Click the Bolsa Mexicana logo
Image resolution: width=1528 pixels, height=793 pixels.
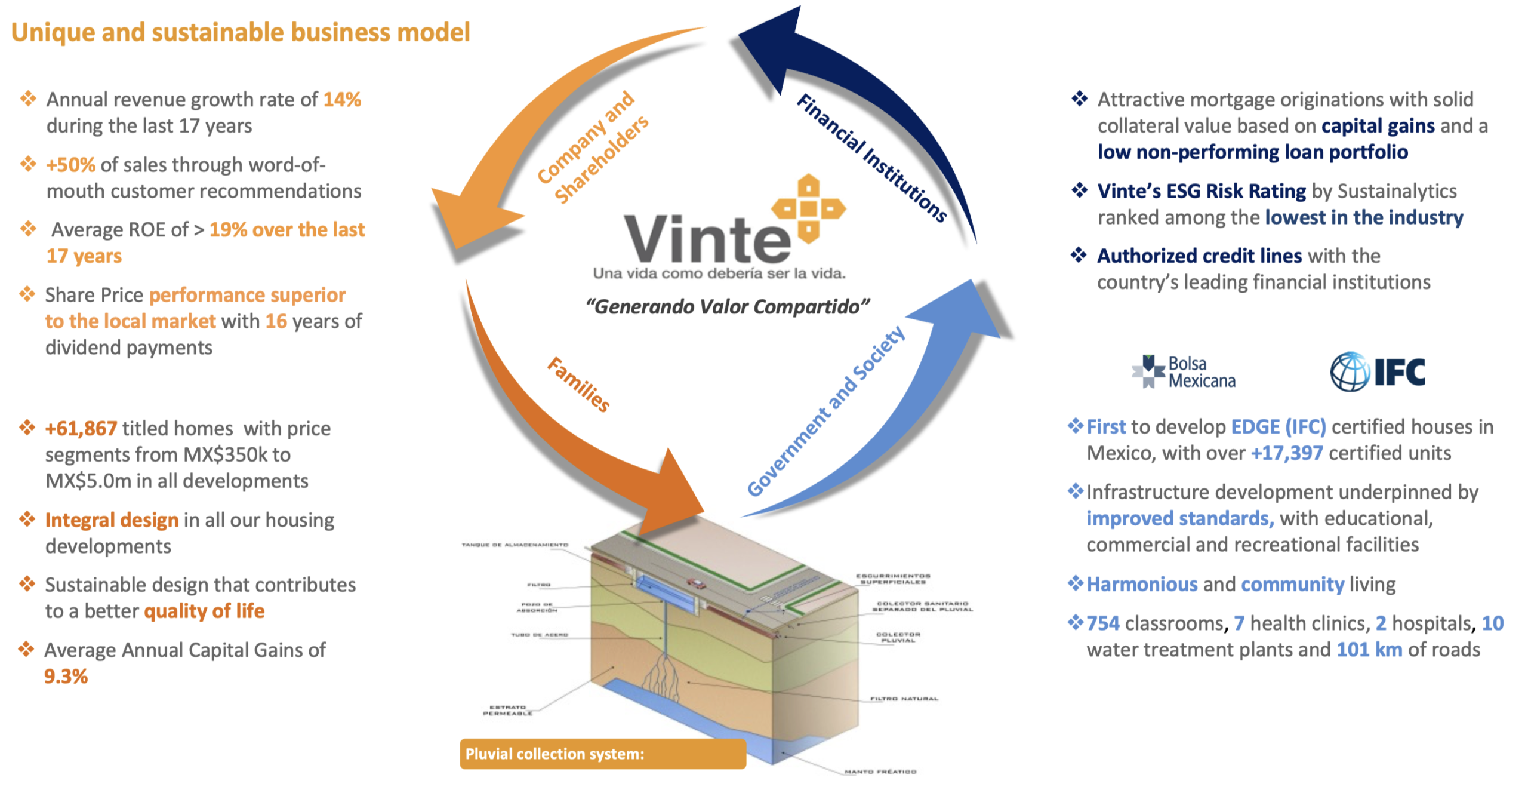pos(1183,372)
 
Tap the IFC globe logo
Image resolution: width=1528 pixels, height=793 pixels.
pos(1349,371)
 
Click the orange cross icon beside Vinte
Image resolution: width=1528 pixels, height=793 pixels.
pos(808,208)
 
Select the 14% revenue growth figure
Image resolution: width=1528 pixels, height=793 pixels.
pos(342,99)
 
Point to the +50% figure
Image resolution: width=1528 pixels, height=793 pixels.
pos(70,164)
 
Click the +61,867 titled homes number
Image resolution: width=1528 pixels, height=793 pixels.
pos(81,428)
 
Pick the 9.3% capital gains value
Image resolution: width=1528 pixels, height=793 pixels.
pos(66,676)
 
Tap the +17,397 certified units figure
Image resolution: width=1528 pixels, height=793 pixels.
pos(1287,453)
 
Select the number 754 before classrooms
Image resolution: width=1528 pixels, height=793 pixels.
pos(1102,623)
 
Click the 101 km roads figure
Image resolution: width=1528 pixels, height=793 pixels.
pos(1369,649)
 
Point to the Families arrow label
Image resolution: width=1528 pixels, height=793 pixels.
pos(578,385)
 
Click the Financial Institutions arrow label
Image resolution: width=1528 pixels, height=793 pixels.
pos(871,158)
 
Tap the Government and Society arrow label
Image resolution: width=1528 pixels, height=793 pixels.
pos(826,411)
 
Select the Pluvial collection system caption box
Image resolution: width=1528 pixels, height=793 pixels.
pos(602,754)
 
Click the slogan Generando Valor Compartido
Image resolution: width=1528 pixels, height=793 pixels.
pos(727,306)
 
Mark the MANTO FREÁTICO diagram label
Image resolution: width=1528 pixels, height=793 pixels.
pos(880,772)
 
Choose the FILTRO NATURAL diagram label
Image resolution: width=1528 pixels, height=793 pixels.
pos(904,698)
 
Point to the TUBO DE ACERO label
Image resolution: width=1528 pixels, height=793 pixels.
pos(539,635)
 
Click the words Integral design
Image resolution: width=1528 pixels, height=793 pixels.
pos(112,520)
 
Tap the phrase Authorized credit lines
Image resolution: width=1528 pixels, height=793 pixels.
pos(1199,256)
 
